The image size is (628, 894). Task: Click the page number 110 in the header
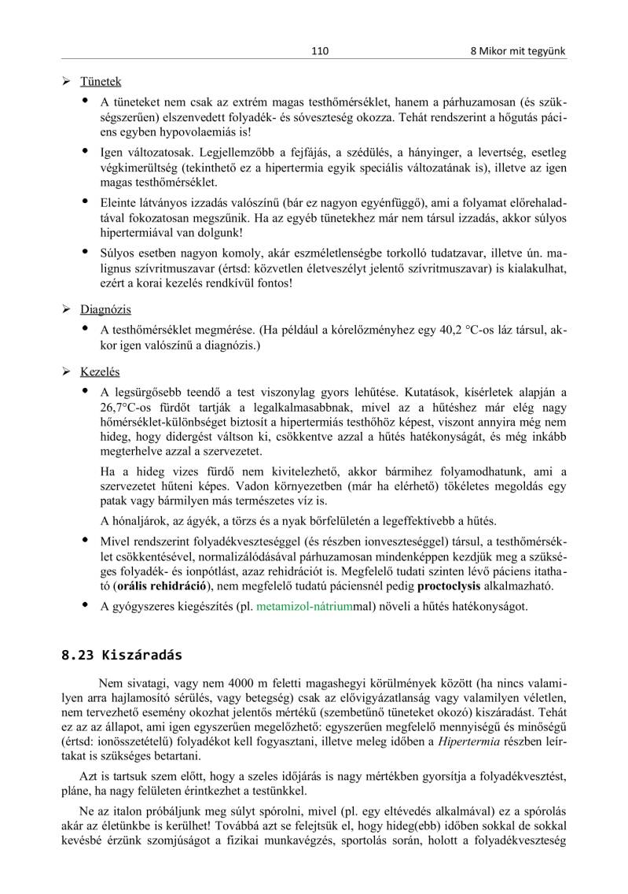tap(319, 51)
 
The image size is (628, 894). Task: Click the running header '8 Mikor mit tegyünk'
tap(518, 51)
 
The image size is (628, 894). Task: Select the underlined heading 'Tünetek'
tap(101, 82)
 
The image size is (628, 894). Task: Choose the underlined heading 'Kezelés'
tap(101, 371)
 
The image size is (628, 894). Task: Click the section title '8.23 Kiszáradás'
tap(122, 655)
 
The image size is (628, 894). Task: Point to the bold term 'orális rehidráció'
tap(162, 586)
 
